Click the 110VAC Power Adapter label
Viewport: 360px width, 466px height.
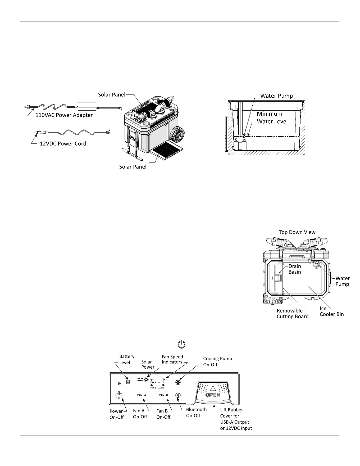point(64,115)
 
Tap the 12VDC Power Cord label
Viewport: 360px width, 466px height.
point(63,144)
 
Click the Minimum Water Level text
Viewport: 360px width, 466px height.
point(272,117)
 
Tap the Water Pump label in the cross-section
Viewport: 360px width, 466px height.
point(276,96)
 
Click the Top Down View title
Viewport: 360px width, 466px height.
point(297,232)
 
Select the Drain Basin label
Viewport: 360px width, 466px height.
point(295,269)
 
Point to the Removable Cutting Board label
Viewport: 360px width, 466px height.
point(293,313)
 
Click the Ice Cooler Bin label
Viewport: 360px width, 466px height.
point(332,311)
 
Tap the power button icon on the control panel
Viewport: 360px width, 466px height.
point(119,395)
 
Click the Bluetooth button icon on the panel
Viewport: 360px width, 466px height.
point(178,395)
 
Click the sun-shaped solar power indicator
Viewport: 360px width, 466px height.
point(146,379)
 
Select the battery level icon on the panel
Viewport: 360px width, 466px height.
point(128,382)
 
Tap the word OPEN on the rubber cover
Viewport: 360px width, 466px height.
point(213,396)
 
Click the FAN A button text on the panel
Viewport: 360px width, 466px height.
point(142,395)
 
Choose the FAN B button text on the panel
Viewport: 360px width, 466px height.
point(163,395)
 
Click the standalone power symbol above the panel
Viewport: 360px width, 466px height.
point(181,345)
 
